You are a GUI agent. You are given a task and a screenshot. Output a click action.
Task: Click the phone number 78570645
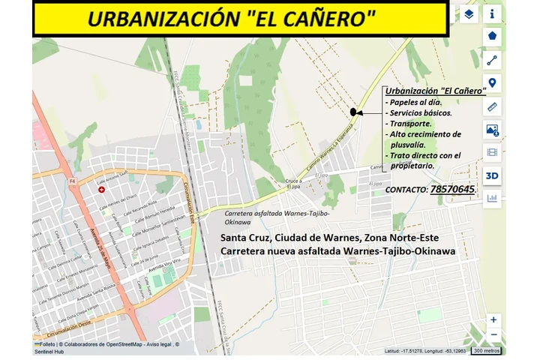tap(452, 190)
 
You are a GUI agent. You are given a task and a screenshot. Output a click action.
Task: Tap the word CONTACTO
tap(406, 190)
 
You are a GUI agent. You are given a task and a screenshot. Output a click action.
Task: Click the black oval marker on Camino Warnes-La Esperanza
tap(353, 112)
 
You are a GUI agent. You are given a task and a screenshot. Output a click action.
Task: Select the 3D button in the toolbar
tap(492, 175)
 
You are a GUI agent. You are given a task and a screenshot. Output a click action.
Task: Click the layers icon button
tap(469, 13)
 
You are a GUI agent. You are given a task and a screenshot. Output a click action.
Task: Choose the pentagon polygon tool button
tap(492, 35)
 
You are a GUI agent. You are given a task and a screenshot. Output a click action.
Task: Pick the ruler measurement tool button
tap(492, 106)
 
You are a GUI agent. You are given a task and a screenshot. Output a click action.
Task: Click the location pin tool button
tap(492, 83)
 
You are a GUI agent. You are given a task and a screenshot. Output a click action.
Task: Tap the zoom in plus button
tap(493, 319)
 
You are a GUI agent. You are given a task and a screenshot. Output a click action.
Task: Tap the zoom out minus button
tap(493, 334)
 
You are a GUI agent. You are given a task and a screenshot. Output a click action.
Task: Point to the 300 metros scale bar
tap(487, 350)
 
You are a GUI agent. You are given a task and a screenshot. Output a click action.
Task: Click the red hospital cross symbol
tap(102, 190)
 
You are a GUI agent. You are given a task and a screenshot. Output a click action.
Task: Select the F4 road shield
tap(73, 181)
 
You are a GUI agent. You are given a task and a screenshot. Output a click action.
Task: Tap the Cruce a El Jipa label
tap(293, 184)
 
